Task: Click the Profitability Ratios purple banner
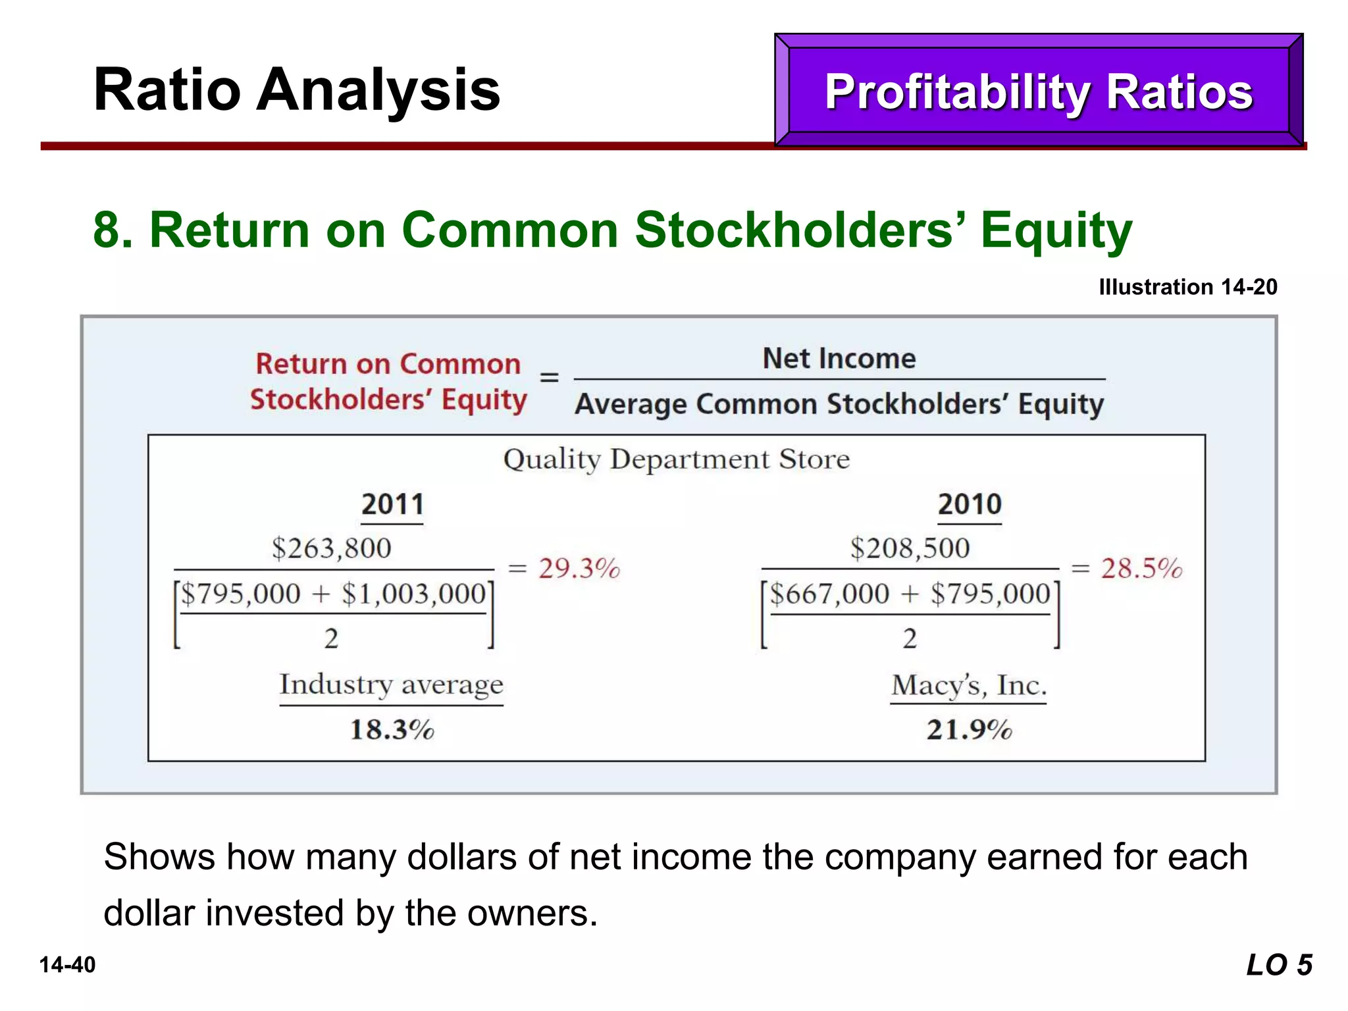(x=1038, y=91)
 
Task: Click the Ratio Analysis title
(x=297, y=90)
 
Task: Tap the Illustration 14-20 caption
(x=1187, y=287)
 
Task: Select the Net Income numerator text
(x=839, y=359)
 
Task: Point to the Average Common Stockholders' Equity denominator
(x=839, y=404)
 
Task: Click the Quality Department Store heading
(x=676, y=459)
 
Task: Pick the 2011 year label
(x=392, y=505)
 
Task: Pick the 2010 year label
(x=969, y=505)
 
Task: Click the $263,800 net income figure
(x=331, y=548)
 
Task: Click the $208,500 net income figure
(x=910, y=548)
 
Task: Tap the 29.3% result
(x=579, y=569)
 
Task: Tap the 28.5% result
(x=1141, y=569)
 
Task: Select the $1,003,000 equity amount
(x=413, y=594)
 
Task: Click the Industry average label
(x=391, y=685)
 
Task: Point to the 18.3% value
(x=392, y=730)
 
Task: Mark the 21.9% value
(x=969, y=730)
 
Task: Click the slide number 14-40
(x=67, y=965)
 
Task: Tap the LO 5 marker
(x=1279, y=966)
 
